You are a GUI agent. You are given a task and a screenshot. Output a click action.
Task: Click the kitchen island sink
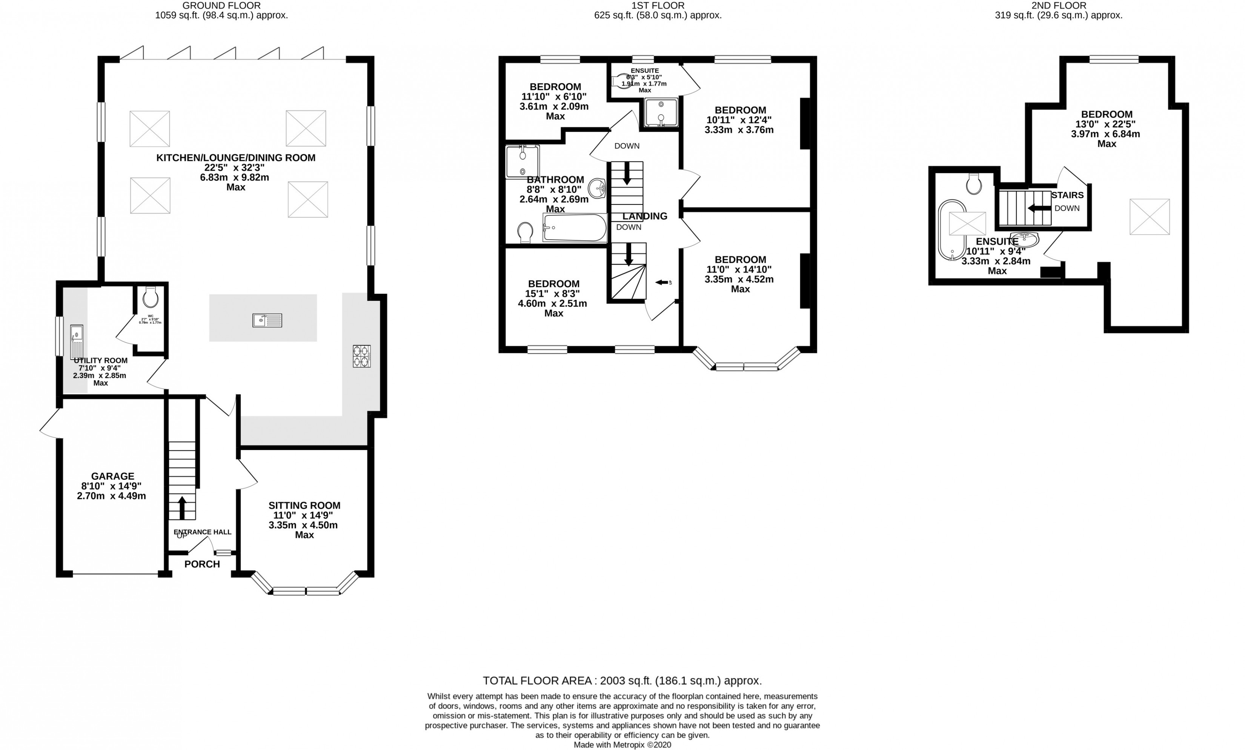point(267,320)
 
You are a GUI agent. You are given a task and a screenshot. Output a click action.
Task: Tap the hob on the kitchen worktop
point(361,356)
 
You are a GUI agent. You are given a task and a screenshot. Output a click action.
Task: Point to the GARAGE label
point(113,476)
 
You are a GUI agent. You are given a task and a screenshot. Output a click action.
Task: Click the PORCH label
point(202,564)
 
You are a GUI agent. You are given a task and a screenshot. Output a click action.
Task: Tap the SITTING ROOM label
point(304,506)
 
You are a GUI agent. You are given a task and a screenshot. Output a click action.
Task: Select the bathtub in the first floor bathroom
point(575,227)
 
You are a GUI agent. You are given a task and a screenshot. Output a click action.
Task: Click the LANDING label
point(645,216)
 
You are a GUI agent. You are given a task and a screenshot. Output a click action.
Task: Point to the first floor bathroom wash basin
point(597,189)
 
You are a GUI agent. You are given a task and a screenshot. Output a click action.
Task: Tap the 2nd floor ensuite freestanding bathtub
point(951,230)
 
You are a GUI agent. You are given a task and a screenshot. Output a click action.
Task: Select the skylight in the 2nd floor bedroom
point(1149,217)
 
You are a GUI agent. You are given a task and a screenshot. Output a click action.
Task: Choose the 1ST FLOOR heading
point(657,6)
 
